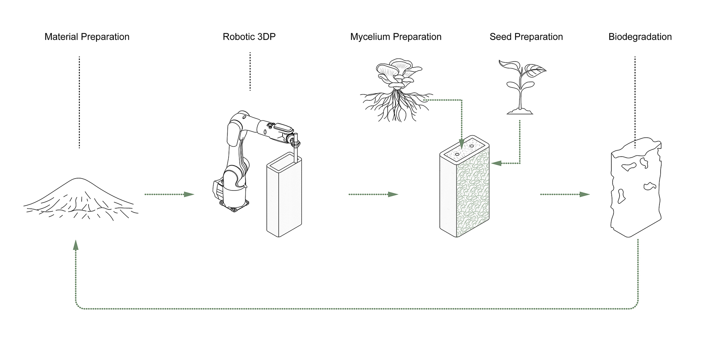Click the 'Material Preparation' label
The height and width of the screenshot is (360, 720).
tap(87, 37)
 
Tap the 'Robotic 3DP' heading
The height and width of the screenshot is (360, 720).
tap(249, 37)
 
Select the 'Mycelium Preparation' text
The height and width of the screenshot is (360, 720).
tap(396, 37)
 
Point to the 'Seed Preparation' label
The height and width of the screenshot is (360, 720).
tap(526, 37)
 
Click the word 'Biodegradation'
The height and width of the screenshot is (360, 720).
tap(640, 37)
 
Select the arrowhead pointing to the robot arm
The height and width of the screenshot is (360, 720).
tap(189, 194)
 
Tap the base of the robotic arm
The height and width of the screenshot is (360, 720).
tap(234, 205)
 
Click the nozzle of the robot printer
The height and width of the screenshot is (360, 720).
tap(296, 153)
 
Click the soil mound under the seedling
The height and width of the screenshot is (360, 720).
tap(520, 111)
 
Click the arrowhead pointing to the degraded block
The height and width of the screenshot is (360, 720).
tap(585, 194)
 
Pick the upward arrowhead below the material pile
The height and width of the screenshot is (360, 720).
tap(76, 246)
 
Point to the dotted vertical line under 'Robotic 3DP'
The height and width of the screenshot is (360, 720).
tap(250, 71)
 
